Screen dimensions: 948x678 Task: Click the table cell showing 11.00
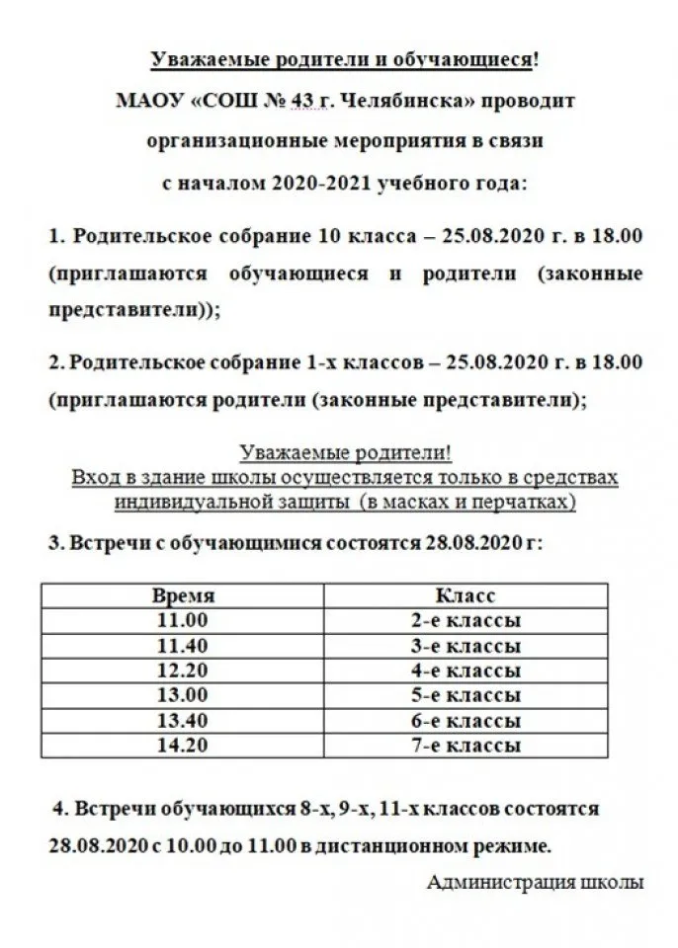coord(183,621)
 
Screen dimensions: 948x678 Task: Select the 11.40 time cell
coord(183,646)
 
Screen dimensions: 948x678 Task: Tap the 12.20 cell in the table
coord(183,671)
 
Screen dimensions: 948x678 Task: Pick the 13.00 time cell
coord(183,695)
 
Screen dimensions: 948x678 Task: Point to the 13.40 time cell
coord(183,720)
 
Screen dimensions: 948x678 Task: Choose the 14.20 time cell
coord(183,745)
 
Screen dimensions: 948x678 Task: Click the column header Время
coord(183,596)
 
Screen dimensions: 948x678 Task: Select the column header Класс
coord(465,596)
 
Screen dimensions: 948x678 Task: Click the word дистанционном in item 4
coord(369,846)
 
